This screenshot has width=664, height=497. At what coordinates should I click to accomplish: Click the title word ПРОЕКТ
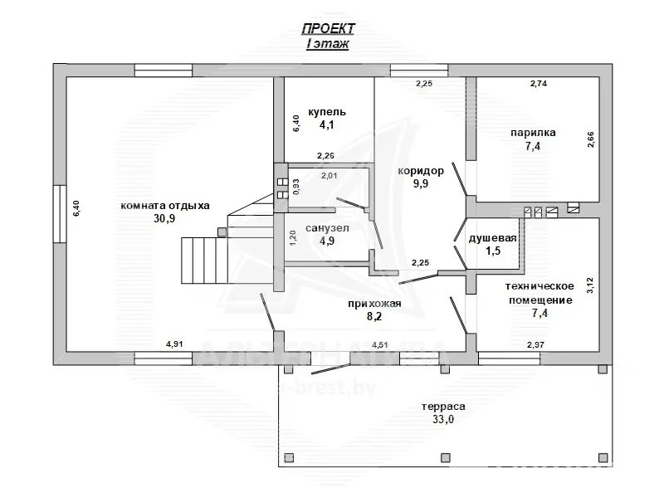click(328, 28)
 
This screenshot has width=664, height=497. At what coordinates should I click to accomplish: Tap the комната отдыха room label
click(165, 206)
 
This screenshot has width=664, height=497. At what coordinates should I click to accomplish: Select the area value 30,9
click(164, 218)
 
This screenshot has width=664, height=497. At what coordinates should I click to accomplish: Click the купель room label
click(326, 112)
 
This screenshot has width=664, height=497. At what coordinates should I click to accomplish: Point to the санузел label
click(327, 228)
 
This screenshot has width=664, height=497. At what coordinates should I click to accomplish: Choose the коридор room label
click(421, 171)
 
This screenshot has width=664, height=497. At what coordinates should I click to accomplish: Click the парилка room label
click(533, 133)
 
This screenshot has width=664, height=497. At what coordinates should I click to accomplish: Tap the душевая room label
click(492, 238)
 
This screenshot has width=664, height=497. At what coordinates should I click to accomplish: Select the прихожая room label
click(374, 304)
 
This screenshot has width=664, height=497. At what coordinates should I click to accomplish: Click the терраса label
click(443, 407)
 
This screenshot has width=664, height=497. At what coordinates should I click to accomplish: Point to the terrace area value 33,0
click(443, 419)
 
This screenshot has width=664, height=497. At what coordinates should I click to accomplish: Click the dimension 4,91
click(174, 344)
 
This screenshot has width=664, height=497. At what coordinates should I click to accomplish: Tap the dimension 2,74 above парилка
click(539, 84)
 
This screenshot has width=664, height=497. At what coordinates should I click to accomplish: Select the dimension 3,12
click(591, 285)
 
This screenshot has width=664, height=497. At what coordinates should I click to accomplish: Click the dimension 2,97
click(535, 344)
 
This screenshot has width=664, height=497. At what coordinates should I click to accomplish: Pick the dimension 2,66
click(591, 139)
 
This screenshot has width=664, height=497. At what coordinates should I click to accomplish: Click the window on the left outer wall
click(60, 214)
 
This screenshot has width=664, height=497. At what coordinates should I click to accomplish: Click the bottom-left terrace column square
click(289, 458)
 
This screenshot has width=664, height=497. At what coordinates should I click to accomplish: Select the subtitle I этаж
click(328, 44)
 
